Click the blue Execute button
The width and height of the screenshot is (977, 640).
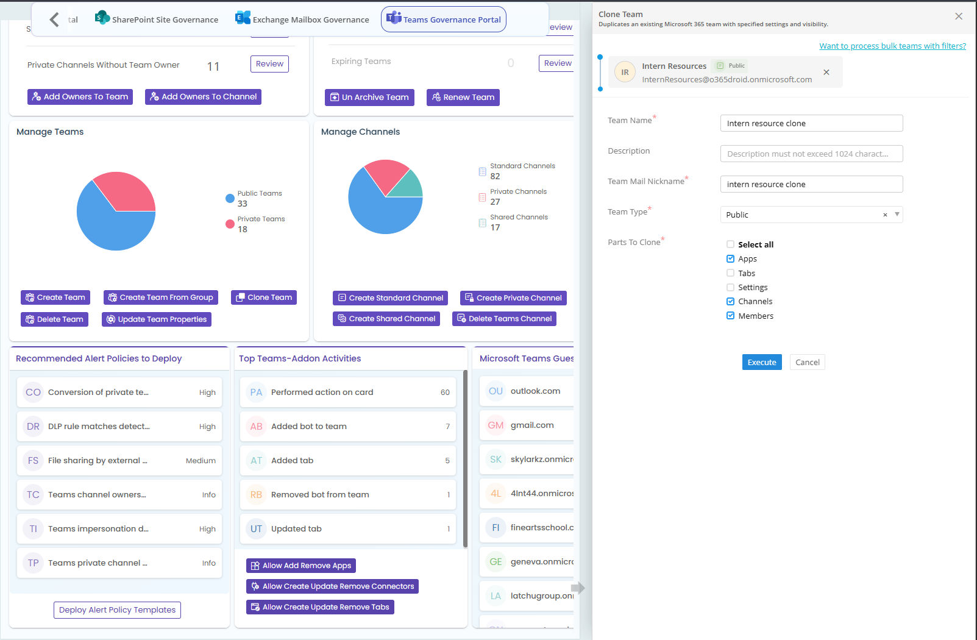click(x=761, y=362)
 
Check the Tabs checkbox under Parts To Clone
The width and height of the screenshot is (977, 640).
click(x=730, y=273)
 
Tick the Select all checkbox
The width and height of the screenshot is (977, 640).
click(x=730, y=244)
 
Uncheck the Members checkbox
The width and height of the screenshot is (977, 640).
click(x=730, y=316)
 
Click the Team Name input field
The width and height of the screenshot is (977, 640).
click(x=811, y=123)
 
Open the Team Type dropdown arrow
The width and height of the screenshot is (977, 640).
click(x=897, y=215)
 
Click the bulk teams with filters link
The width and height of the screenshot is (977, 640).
click(x=892, y=46)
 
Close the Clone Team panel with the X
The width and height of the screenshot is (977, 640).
click(x=959, y=16)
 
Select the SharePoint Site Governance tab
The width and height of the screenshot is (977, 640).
click(x=157, y=20)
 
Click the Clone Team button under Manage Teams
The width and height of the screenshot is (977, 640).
click(x=264, y=297)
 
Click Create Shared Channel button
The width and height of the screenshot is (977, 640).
click(x=386, y=319)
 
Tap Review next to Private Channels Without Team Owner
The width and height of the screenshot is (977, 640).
click(x=269, y=64)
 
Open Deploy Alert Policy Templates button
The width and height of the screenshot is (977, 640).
click(x=117, y=610)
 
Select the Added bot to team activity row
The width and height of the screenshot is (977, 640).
click(x=350, y=427)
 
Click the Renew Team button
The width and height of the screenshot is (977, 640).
click(x=463, y=98)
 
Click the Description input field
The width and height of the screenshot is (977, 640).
click(x=811, y=154)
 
